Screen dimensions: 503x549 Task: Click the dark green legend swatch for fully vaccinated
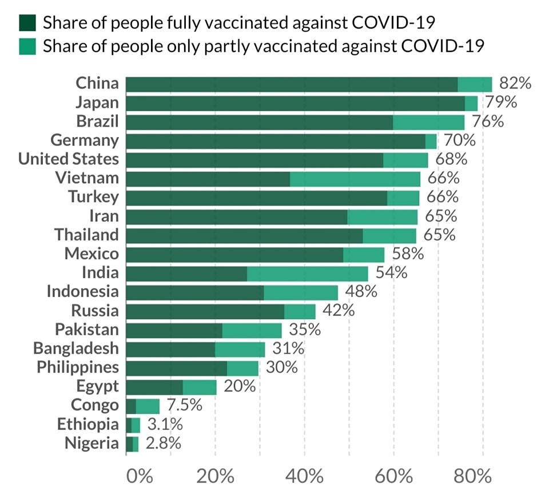27,23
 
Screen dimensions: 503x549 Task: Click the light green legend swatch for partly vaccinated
27,45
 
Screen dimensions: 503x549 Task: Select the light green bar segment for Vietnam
355,179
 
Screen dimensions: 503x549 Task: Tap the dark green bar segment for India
186,273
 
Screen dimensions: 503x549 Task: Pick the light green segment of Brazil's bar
428,122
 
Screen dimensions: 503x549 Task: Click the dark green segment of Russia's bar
205,311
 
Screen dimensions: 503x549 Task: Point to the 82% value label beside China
515,83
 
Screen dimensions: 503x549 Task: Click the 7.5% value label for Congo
184,405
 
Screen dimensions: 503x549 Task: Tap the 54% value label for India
391,273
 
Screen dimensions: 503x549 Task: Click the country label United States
69,159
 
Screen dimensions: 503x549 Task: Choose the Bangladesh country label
76,348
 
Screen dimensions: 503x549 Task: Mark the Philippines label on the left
78,367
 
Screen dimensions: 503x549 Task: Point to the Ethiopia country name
88,424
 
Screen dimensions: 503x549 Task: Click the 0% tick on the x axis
140,476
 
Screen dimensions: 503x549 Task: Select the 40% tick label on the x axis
304,476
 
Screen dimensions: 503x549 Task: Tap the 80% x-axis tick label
473,476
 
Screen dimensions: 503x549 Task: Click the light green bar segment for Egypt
200,387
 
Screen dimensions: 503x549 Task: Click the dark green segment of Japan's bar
295,103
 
